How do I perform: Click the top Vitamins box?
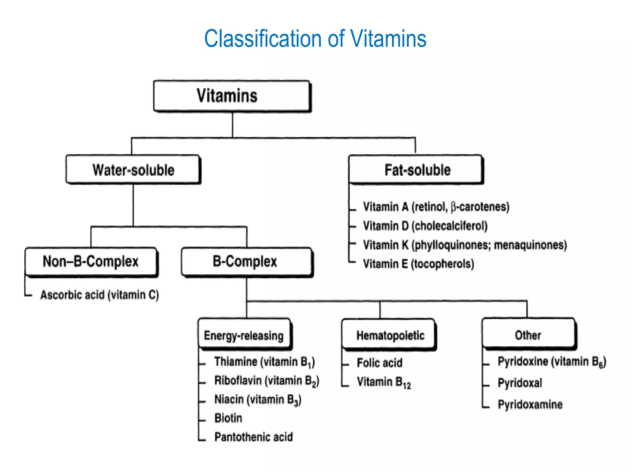pos(232,96)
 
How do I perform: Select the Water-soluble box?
pos(133,170)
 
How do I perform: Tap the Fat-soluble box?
pos(416,170)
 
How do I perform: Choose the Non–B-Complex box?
pos(91,261)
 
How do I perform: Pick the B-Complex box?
pos(246,261)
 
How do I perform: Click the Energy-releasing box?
pos(244,335)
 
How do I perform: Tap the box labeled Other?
pos(528,335)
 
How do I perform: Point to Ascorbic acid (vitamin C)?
pos(100,295)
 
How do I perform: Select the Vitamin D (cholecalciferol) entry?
pos(425,226)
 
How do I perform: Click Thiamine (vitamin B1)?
pos(264,362)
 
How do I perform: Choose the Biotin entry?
pos(228,418)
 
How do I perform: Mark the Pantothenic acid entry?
pos(254,437)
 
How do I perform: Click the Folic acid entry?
pos(380,363)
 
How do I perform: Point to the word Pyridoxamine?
pos(530,404)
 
